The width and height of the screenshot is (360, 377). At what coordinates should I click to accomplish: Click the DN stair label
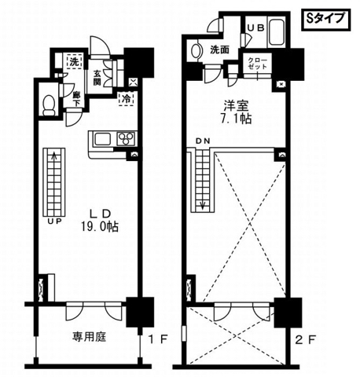coord(204,142)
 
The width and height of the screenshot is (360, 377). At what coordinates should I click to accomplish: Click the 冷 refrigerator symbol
coord(125,100)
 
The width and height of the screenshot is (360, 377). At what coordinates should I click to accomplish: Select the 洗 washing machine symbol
coord(74,62)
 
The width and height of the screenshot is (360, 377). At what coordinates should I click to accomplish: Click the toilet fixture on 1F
coord(49,104)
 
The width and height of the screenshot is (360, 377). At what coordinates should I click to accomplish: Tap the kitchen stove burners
coord(126,139)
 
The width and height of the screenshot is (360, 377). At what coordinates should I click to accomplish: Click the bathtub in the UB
coord(277,33)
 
